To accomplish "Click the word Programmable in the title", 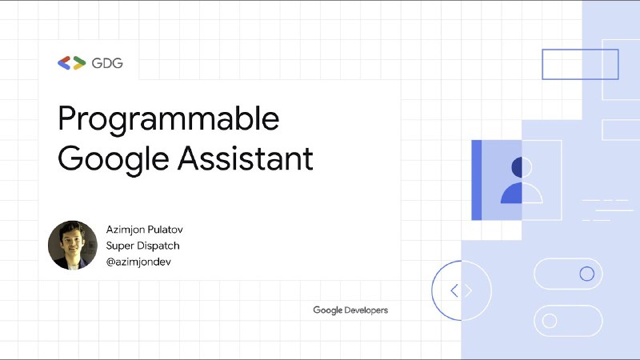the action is pos(169,119).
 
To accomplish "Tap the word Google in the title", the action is pos(114,159).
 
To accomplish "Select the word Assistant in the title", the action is pos(246,158).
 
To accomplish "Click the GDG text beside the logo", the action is pos(107,63).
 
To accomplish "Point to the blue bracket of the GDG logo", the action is pos(64,63).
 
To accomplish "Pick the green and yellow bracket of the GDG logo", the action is pos(79,63).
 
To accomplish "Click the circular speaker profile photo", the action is pos(73,245).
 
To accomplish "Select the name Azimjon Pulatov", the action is pos(145,230).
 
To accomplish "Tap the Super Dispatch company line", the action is pos(143,246).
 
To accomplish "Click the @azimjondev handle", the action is pos(138,262).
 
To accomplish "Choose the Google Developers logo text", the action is pos(350,310).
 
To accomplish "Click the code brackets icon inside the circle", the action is pos(462,290).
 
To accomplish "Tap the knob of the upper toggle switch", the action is pos(587,274).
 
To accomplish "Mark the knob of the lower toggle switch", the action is pos(550,321).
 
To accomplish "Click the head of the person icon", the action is pos(522,167).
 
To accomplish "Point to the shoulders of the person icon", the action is pos(522,193).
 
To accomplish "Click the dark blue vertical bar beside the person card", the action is pos(476,180).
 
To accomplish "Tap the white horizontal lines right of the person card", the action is pos(607,210).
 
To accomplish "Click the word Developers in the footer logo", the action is pos(366,310).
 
